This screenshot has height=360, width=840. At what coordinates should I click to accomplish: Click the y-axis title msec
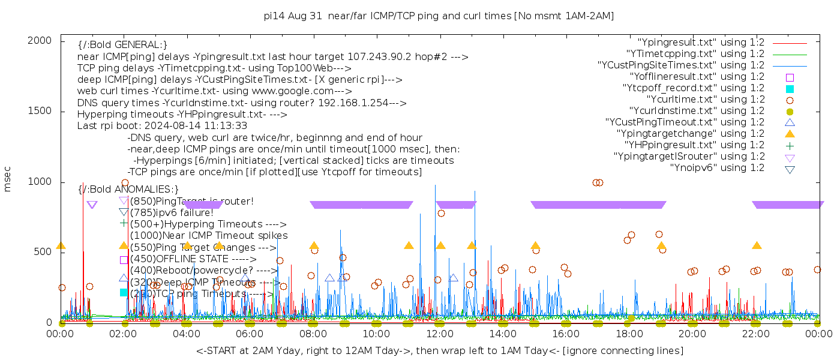(x=8, y=179)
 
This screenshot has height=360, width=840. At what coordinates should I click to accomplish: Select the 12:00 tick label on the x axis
(x=440, y=334)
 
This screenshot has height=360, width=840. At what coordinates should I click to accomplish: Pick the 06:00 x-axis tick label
(x=250, y=334)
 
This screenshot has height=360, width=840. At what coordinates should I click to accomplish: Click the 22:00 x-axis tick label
(x=756, y=334)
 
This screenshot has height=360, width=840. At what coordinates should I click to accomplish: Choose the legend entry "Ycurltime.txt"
(x=705, y=100)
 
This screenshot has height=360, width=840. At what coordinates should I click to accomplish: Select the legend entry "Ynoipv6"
(x=717, y=168)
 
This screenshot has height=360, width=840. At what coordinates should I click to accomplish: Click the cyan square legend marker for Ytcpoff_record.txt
(x=790, y=89)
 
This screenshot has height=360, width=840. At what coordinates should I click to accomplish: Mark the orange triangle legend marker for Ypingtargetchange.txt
(x=790, y=134)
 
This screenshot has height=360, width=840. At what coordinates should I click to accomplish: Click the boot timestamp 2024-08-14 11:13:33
(x=199, y=126)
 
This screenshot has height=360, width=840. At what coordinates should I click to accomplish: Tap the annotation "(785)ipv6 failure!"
(x=171, y=212)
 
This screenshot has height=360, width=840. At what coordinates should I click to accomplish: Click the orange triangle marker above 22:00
(x=757, y=246)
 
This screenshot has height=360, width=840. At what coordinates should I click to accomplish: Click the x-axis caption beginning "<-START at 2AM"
(x=439, y=350)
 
